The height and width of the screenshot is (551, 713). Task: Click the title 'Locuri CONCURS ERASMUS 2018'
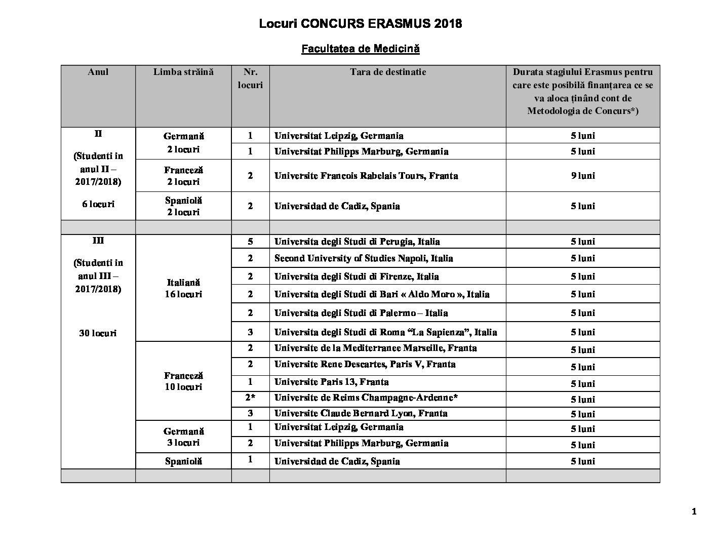click(360, 24)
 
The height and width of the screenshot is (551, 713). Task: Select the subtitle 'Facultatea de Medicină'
click(360, 49)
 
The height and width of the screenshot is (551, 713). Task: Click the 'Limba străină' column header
click(183, 72)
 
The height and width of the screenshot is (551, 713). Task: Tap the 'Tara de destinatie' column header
click(387, 72)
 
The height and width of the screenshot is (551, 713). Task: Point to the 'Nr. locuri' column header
click(250, 78)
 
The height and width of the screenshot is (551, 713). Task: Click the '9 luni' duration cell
click(583, 176)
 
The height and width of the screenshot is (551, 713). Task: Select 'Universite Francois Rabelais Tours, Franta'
click(366, 176)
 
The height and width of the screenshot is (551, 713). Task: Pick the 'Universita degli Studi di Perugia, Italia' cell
click(357, 242)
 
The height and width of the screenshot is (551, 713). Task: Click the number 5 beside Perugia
click(250, 242)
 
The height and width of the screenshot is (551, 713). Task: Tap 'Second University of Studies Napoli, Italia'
click(364, 258)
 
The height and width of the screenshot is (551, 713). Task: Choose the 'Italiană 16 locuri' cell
click(183, 288)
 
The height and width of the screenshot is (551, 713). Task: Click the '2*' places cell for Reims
click(250, 398)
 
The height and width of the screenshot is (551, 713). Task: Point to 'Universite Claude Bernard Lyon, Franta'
click(361, 413)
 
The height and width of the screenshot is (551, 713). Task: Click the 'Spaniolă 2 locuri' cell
click(183, 206)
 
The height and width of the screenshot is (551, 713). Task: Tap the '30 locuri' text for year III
click(98, 333)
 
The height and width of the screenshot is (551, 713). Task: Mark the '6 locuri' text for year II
click(98, 204)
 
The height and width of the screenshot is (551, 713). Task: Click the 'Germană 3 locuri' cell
click(183, 437)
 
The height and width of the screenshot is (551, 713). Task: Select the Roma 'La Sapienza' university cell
click(385, 332)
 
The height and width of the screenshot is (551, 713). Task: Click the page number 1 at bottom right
click(694, 512)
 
